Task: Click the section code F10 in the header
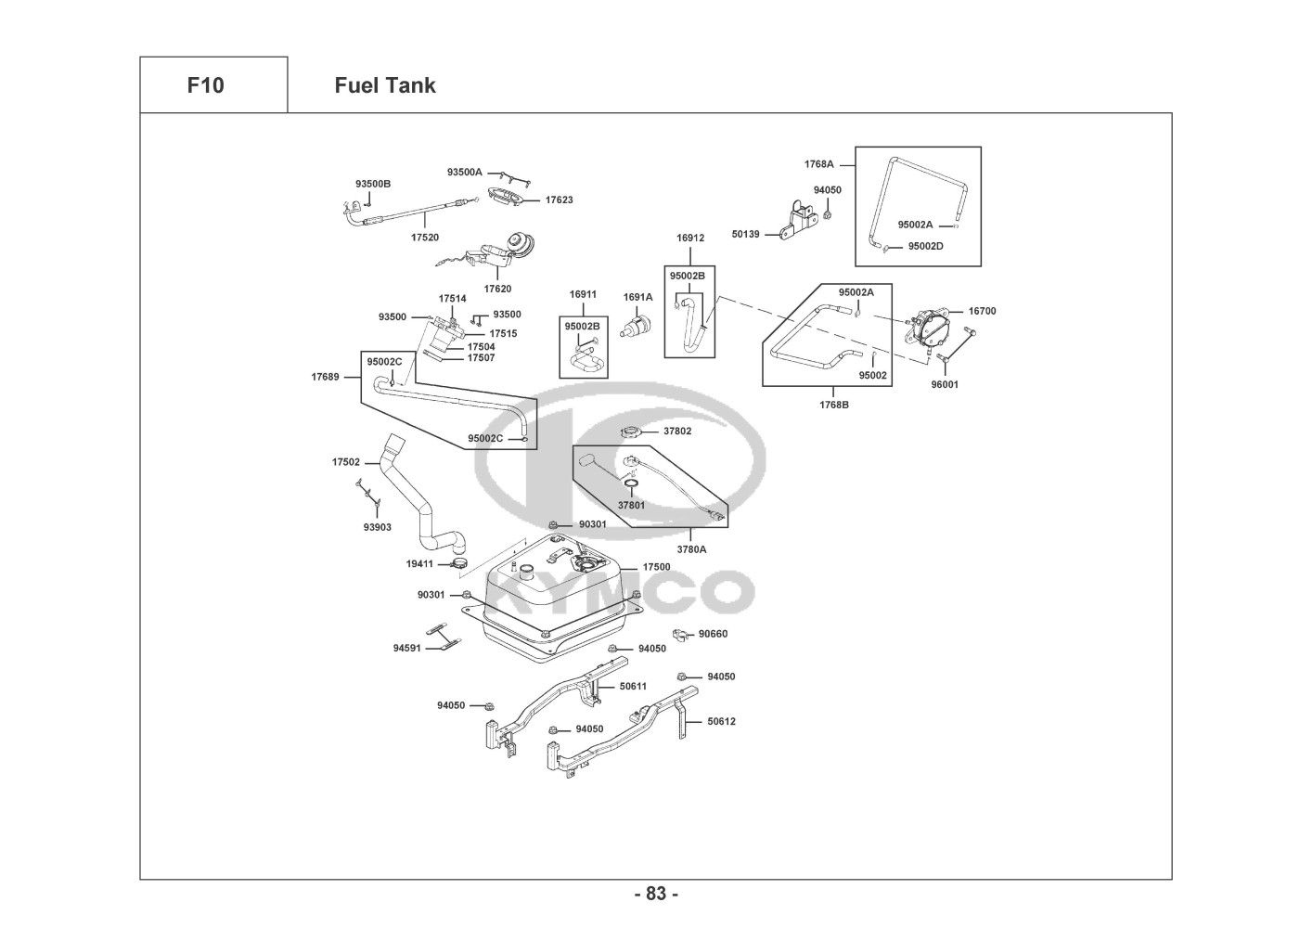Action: (x=205, y=85)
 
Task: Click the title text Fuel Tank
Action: (x=384, y=85)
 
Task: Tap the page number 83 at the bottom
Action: (x=656, y=894)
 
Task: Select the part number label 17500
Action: (x=656, y=567)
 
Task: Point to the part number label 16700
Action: (x=982, y=311)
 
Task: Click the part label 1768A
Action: (x=818, y=164)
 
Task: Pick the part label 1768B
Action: (x=833, y=405)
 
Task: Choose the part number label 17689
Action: (x=325, y=377)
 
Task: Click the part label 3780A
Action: (x=691, y=549)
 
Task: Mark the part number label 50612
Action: (x=721, y=721)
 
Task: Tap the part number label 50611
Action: (x=633, y=687)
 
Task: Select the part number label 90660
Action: (x=713, y=634)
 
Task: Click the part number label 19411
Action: (x=419, y=563)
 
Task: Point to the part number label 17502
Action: (x=345, y=461)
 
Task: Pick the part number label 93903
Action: (x=377, y=527)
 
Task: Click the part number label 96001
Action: (x=945, y=384)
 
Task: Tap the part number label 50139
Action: (x=745, y=235)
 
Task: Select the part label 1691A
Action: (x=637, y=297)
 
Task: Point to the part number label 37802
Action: (x=676, y=432)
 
